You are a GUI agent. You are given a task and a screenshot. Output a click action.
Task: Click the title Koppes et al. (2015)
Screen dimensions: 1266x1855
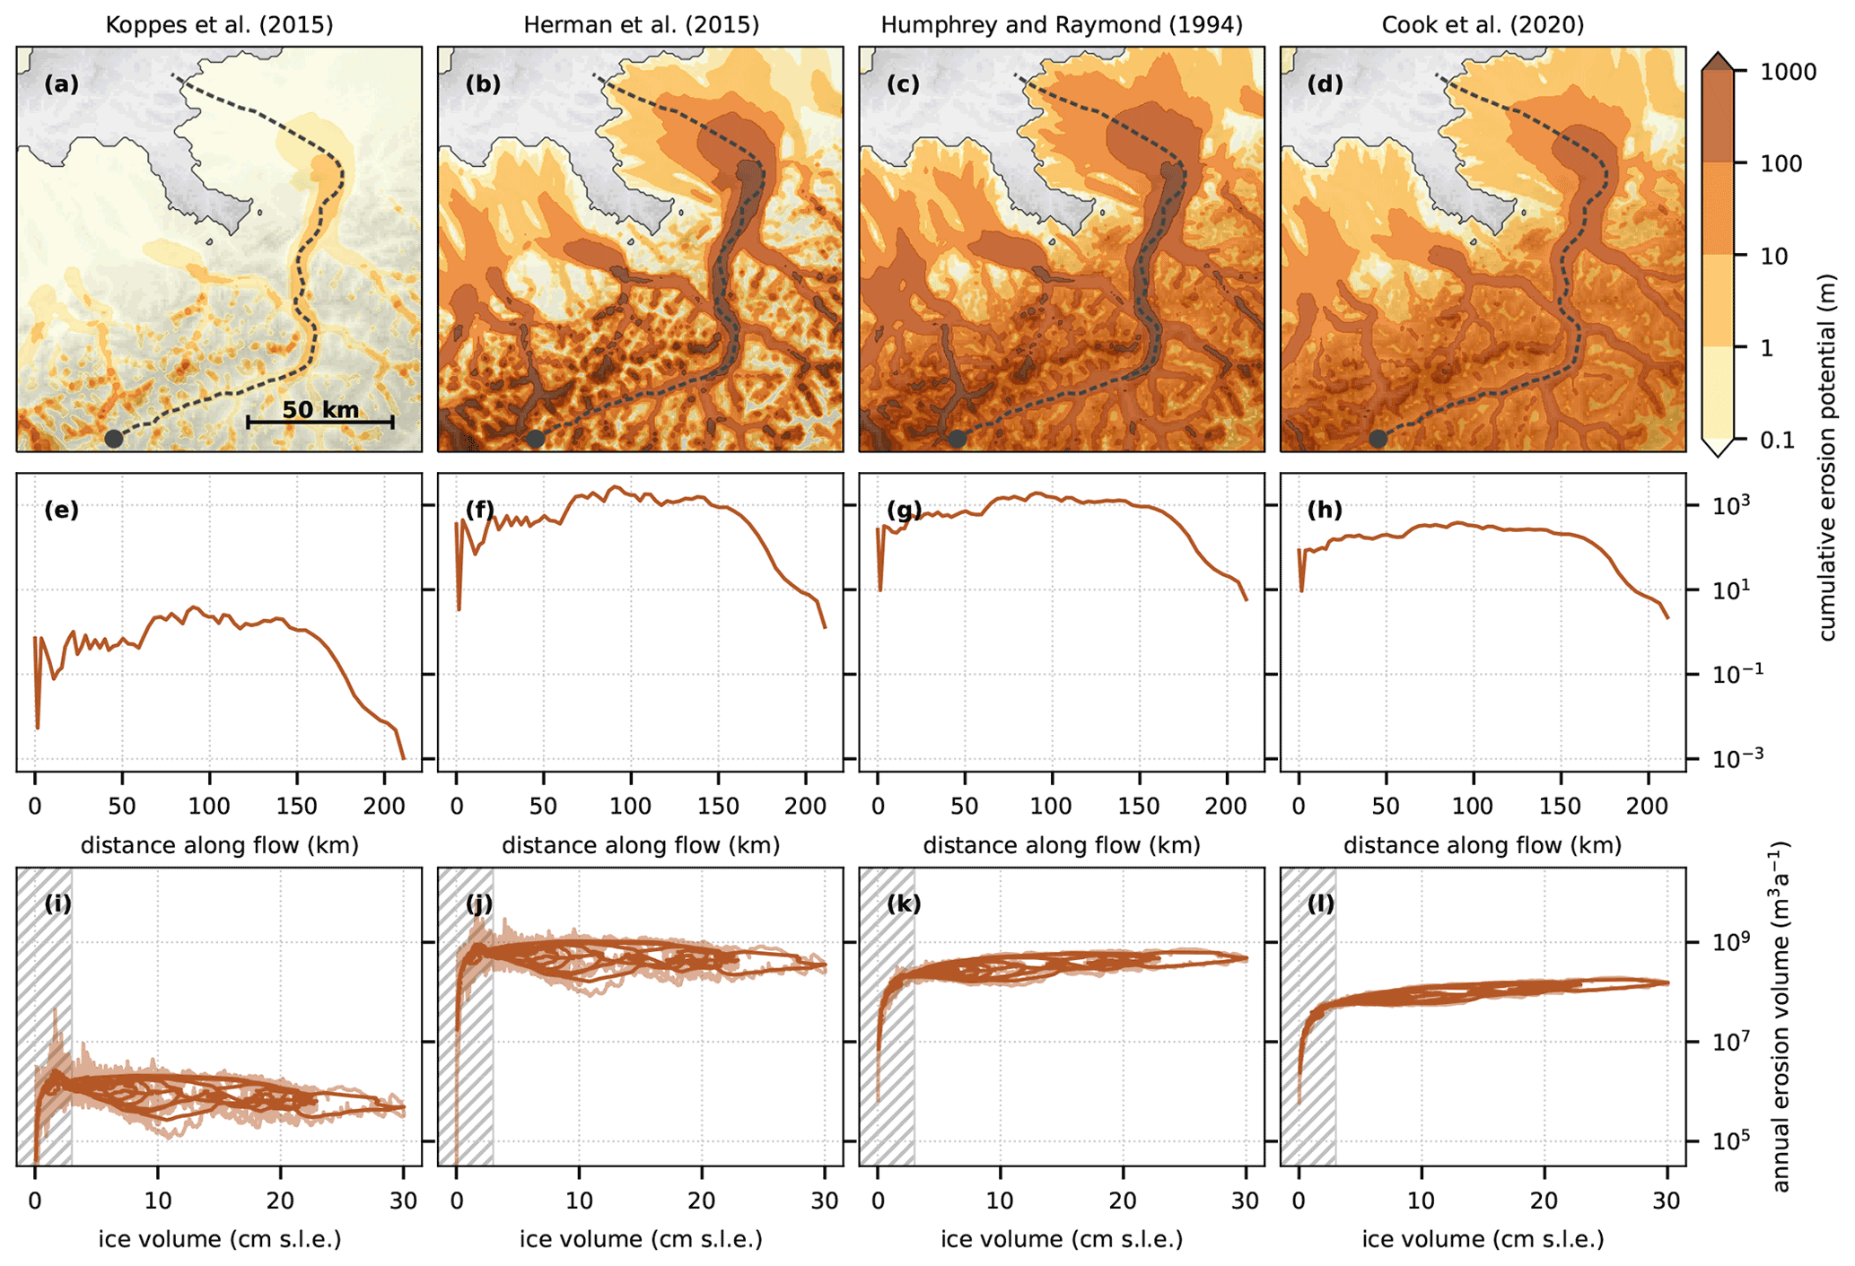point(219,25)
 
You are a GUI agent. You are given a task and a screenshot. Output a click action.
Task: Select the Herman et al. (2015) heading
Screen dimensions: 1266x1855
point(641,25)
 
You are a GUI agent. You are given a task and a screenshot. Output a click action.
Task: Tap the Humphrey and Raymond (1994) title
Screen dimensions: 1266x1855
point(1062,25)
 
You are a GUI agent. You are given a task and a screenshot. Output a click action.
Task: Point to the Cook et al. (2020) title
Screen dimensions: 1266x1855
point(1483,25)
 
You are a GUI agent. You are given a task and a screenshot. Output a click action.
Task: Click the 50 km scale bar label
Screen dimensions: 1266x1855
point(320,410)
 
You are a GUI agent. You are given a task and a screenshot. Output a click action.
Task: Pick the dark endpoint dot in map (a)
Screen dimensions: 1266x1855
point(113,439)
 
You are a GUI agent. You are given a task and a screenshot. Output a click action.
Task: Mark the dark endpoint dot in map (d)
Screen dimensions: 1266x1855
point(1378,439)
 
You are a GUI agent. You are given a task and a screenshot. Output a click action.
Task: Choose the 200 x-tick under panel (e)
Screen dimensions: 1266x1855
point(384,806)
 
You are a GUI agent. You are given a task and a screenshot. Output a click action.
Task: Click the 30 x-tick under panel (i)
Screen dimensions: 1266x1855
point(404,1201)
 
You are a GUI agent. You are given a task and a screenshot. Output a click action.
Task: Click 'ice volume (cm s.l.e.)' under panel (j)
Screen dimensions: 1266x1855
point(641,1240)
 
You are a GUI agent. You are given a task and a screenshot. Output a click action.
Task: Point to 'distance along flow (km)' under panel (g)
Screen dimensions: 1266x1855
point(1062,845)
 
